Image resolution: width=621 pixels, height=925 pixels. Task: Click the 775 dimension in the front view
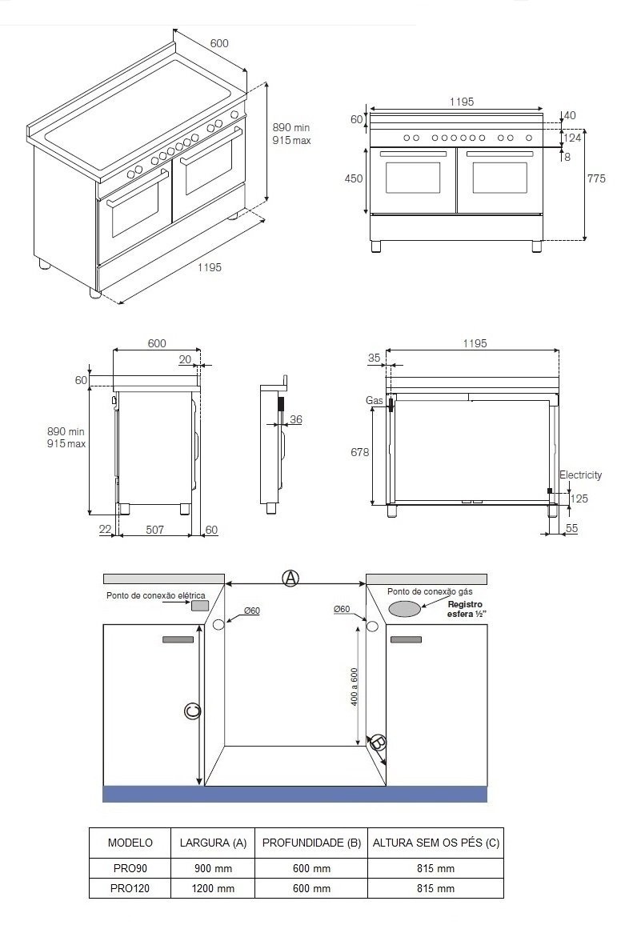coord(596,178)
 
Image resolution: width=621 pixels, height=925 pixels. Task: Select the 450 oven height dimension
coord(353,178)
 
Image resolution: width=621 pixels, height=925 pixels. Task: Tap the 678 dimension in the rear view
coord(359,452)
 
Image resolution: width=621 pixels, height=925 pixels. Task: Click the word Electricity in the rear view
coord(580,475)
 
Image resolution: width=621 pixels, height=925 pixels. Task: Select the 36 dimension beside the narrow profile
coord(295,419)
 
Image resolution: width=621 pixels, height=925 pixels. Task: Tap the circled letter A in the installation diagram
coord(290,578)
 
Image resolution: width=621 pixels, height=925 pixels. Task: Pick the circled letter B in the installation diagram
coord(378,743)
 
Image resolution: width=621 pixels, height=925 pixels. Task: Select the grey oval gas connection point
coord(405,609)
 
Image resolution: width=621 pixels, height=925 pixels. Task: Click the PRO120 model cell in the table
coord(130,888)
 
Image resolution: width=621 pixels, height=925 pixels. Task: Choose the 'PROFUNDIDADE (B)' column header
coord(311,843)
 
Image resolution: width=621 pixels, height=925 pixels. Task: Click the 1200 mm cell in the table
coord(214,888)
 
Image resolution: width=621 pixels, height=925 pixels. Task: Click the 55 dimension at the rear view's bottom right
coord(571,529)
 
